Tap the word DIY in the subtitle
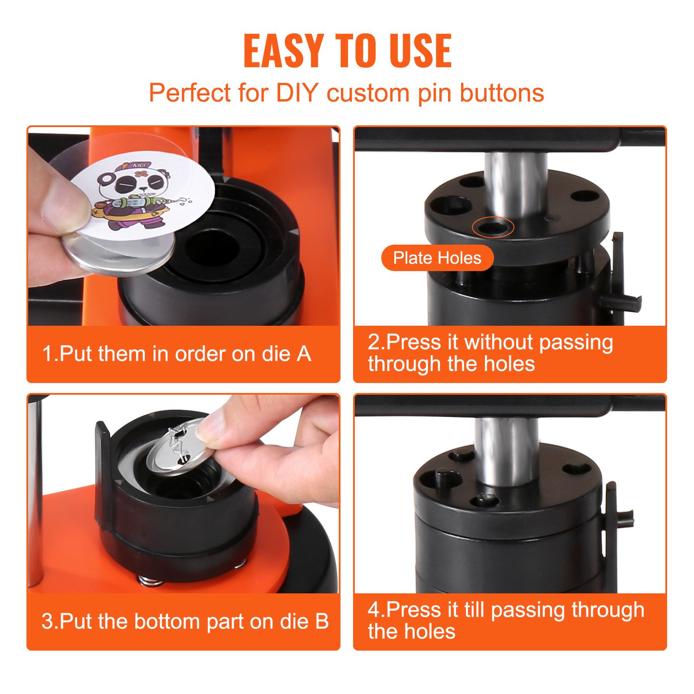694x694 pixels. coord(297,93)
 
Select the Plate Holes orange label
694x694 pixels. coord(437,258)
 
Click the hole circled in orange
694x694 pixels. coord(493,227)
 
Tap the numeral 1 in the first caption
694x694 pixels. coord(47,354)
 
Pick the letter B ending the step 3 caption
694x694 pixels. coord(322,622)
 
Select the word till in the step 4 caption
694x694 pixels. coord(474,610)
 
